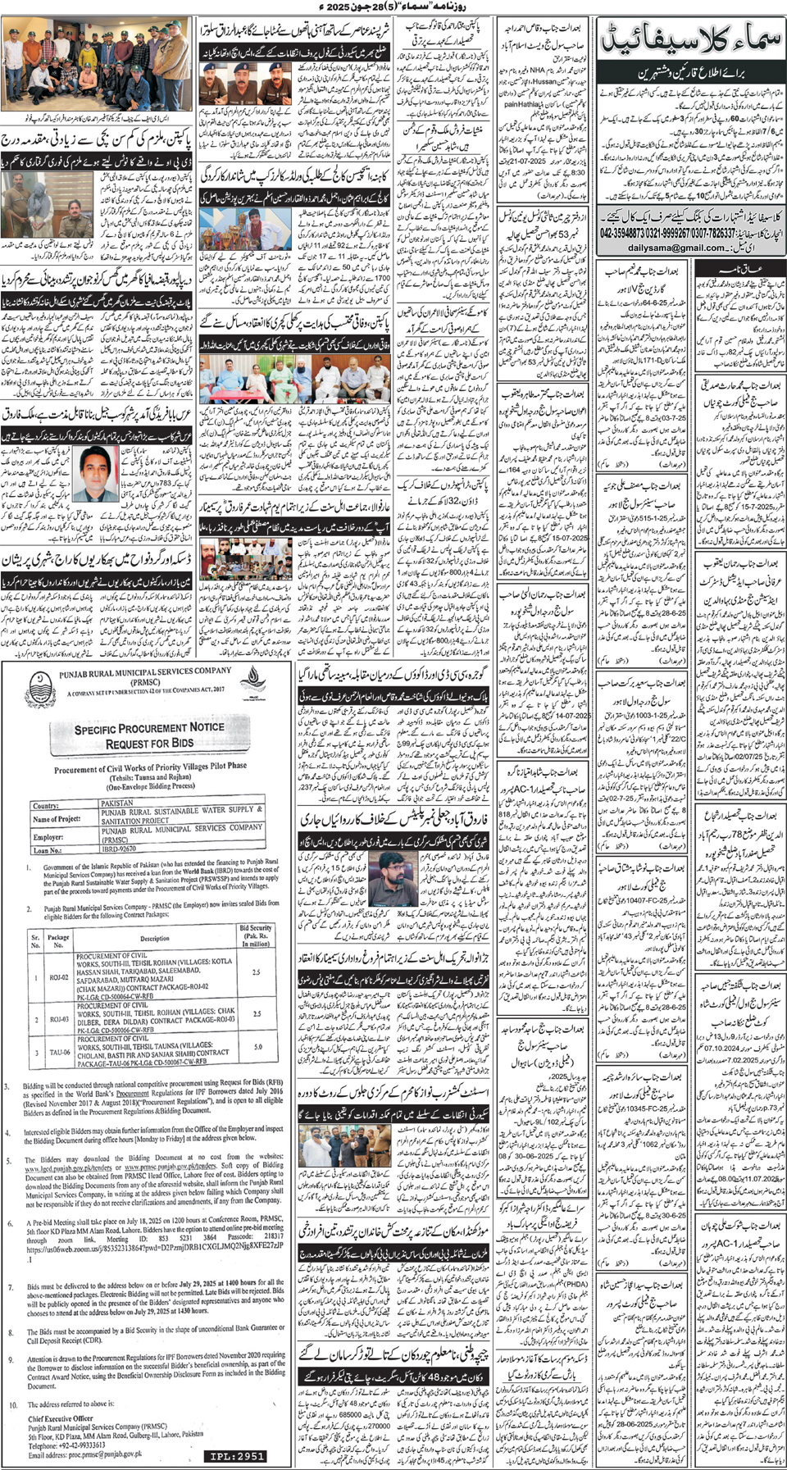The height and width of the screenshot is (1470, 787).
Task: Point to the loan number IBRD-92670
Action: click(x=120, y=850)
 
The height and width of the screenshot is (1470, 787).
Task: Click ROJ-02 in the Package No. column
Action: click(x=59, y=978)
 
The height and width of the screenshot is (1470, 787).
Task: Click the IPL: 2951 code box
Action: click(x=237, y=1456)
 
